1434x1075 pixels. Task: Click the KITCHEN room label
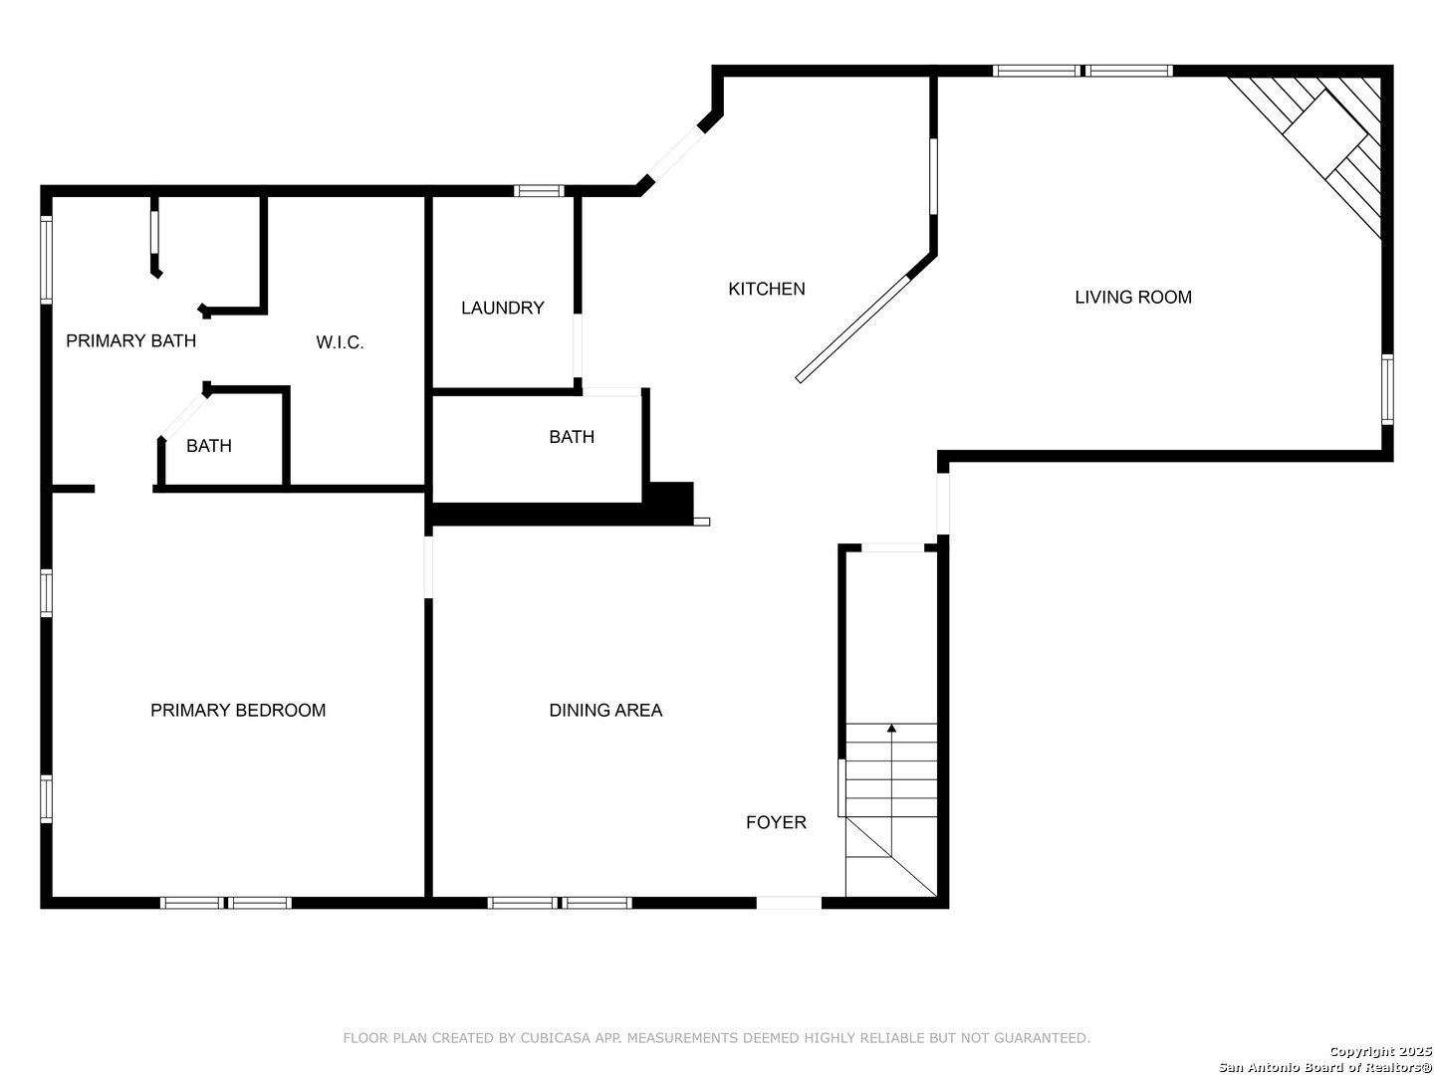tap(767, 289)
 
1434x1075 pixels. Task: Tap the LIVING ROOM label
tap(1133, 297)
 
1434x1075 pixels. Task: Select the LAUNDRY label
tap(502, 308)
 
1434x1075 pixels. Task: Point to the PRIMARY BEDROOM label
tap(238, 710)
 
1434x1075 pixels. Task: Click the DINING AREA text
tap(605, 710)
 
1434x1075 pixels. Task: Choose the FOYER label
tap(776, 822)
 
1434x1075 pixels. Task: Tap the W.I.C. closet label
tap(340, 342)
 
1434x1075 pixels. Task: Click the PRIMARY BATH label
tap(130, 340)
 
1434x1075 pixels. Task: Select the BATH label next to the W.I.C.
tap(209, 446)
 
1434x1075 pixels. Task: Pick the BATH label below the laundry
tap(572, 437)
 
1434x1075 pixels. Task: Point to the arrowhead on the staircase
tap(891, 728)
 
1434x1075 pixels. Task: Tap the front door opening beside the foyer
tap(789, 903)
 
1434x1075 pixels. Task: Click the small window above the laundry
tap(539, 190)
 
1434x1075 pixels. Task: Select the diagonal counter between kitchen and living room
tap(852, 328)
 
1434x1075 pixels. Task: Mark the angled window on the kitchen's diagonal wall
tap(675, 153)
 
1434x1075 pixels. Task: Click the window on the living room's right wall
tap(1387, 389)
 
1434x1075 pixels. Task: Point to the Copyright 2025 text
tap(1380, 1051)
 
